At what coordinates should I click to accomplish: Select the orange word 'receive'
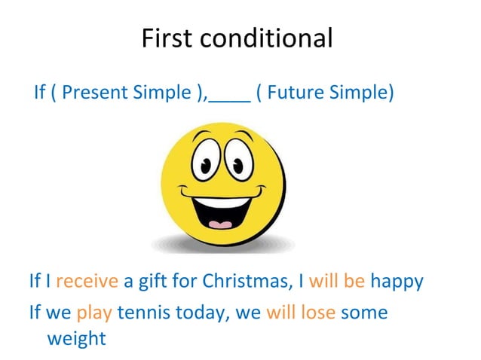87,282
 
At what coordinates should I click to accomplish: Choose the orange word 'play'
94,312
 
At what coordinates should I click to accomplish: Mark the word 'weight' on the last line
76,339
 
